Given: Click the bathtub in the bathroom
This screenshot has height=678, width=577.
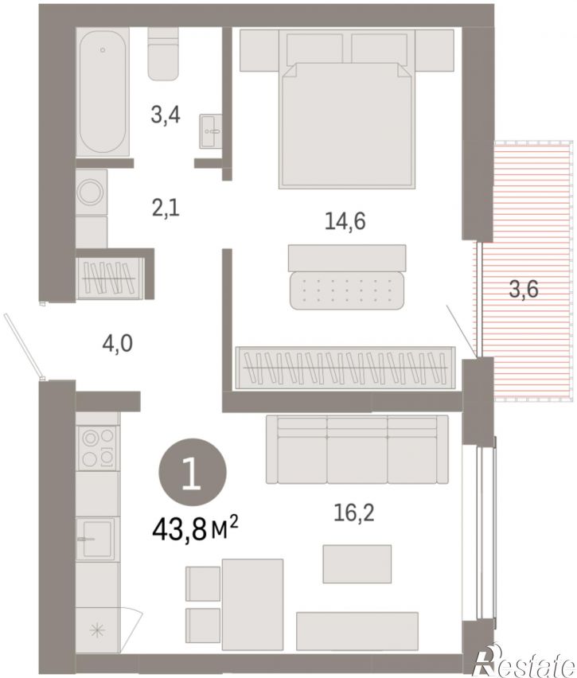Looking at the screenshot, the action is click(103, 92).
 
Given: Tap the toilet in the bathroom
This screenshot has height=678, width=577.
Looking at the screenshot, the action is click(163, 53).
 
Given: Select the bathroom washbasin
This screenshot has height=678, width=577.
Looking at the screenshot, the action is click(211, 131).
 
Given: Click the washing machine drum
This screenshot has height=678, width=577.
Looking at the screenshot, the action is click(92, 193).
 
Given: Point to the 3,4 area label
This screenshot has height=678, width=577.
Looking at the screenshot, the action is click(166, 115).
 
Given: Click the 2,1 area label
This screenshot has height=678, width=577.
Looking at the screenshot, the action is click(166, 208).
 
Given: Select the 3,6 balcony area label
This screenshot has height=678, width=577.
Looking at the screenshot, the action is click(524, 289).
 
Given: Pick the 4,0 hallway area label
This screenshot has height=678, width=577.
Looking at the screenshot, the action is click(117, 345).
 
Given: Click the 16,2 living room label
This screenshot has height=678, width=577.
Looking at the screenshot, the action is click(354, 512).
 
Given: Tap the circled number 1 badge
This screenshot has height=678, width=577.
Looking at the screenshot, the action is click(193, 472).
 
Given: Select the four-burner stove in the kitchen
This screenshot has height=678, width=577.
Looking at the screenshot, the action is click(98, 447).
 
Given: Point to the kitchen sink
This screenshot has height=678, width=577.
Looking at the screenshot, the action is click(96, 540).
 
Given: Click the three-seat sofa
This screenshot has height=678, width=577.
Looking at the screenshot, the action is click(357, 449).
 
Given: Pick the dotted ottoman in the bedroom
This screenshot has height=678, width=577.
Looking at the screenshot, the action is click(347, 290).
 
